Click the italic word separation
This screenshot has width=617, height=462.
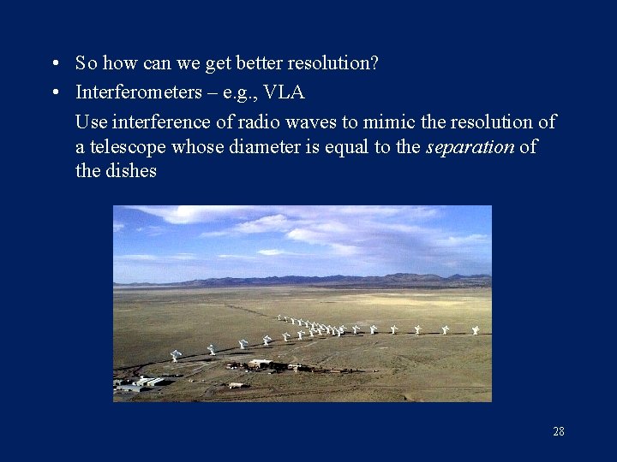click(470, 146)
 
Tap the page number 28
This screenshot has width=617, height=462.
click(559, 431)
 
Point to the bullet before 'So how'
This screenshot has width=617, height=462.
click(54, 64)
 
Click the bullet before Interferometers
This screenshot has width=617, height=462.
click(54, 92)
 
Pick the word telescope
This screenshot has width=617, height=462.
click(127, 146)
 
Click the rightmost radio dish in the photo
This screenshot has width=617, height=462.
click(476, 329)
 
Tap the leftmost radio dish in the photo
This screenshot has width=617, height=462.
click(176, 354)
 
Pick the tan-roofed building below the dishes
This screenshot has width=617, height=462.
click(260, 364)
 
